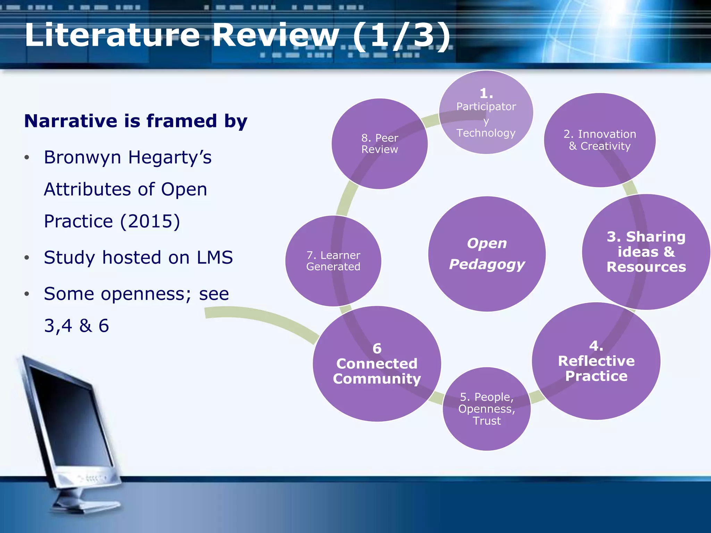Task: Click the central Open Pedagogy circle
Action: (487, 254)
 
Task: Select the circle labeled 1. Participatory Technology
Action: (486, 112)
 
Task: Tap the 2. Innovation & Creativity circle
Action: (600, 140)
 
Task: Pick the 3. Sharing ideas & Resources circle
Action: (646, 252)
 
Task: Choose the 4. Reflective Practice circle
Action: (596, 361)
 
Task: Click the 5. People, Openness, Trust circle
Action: (486, 409)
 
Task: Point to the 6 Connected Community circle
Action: (377, 364)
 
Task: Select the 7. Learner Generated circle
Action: (333, 261)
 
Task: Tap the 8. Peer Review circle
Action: (379, 144)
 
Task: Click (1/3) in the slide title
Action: (401, 35)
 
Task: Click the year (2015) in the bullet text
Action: (150, 221)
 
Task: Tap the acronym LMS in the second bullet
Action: (215, 257)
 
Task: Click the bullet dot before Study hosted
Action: (27, 258)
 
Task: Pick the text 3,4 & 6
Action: (76, 325)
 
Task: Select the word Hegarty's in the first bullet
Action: (170, 157)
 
